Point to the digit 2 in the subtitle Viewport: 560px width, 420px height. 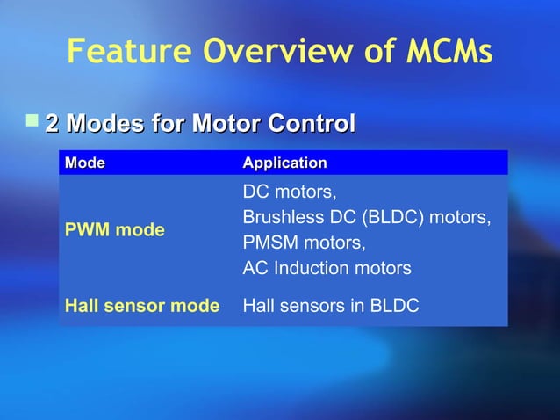(x=51, y=124)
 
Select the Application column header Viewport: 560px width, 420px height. (x=284, y=163)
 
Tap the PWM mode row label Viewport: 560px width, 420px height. (x=115, y=230)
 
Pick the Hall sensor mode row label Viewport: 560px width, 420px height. (x=142, y=306)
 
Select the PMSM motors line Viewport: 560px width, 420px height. (x=304, y=243)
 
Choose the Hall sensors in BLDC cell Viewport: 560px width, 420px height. (x=330, y=306)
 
